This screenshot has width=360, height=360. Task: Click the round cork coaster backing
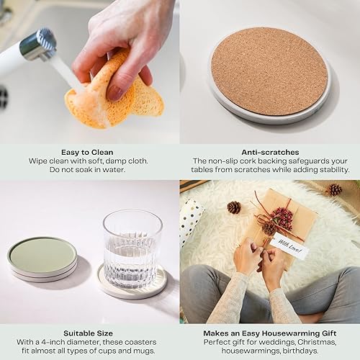coord(269,71)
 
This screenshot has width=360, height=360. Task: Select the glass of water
coord(132,248)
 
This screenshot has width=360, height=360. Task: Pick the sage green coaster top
coord(42,255)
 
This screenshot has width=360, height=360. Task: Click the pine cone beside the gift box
coord(233,207)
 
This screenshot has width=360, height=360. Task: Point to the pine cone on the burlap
coord(335,189)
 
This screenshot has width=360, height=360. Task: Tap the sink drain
coord(4,98)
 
